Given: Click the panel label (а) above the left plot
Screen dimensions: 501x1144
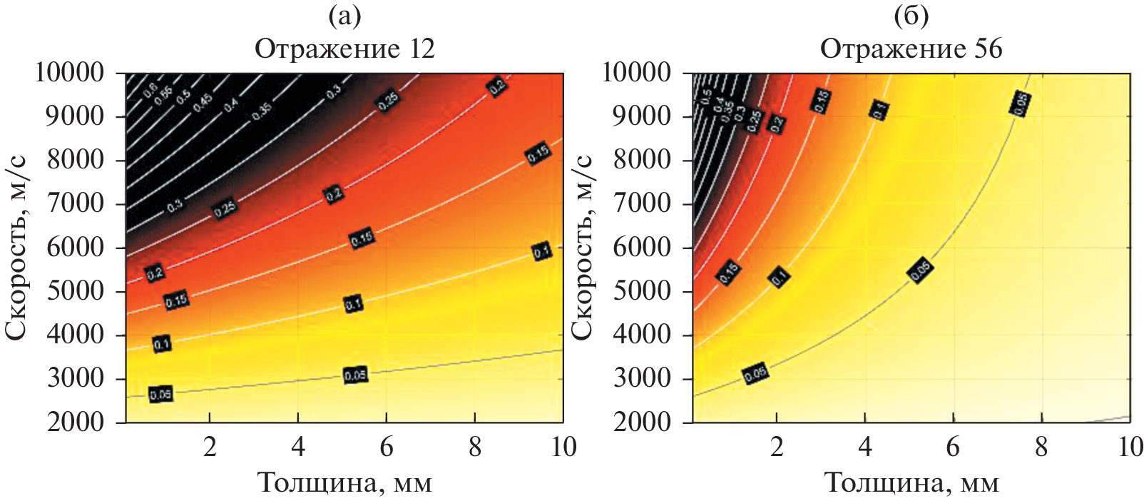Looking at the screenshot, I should pyautogui.click(x=344, y=16).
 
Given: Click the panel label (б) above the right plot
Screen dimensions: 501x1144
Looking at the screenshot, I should pyautogui.click(x=911, y=16).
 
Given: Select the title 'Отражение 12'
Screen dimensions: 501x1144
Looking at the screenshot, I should pyautogui.click(x=344, y=49).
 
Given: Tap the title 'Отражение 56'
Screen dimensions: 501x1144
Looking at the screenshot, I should pyautogui.click(x=911, y=49).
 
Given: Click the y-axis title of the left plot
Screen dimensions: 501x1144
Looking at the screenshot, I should pyautogui.click(x=16, y=247).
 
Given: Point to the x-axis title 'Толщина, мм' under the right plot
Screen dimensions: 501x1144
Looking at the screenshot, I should pyautogui.click(x=911, y=483).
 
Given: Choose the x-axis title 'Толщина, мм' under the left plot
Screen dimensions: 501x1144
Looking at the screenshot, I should pyautogui.click(x=344, y=483).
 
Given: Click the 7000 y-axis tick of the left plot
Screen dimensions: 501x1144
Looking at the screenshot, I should pyautogui.click(x=75, y=203).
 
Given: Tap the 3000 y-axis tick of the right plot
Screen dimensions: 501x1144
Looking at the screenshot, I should pyautogui.click(x=642, y=378).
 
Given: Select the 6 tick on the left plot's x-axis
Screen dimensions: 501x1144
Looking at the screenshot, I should pyautogui.click(x=386, y=447).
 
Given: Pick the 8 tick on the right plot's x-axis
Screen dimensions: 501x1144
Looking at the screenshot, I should pyautogui.click(x=1041, y=447).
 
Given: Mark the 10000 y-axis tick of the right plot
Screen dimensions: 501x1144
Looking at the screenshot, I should pyautogui.click(x=636, y=72).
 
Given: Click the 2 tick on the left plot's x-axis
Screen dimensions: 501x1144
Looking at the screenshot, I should pyautogui.click(x=210, y=447).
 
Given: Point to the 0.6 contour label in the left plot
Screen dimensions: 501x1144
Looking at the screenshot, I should pyautogui.click(x=150, y=89).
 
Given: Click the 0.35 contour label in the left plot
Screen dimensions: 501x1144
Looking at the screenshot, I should pyautogui.click(x=262, y=111).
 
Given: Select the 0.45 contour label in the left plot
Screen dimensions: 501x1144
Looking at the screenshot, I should pyautogui.click(x=203, y=101).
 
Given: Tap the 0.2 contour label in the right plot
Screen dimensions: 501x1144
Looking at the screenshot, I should pyautogui.click(x=776, y=123).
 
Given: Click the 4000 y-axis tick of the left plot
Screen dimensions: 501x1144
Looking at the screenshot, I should pyautogui.click(x=75, y=335).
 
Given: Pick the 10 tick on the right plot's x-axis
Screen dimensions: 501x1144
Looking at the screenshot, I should pyautogui.click(x=1130, y=447).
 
